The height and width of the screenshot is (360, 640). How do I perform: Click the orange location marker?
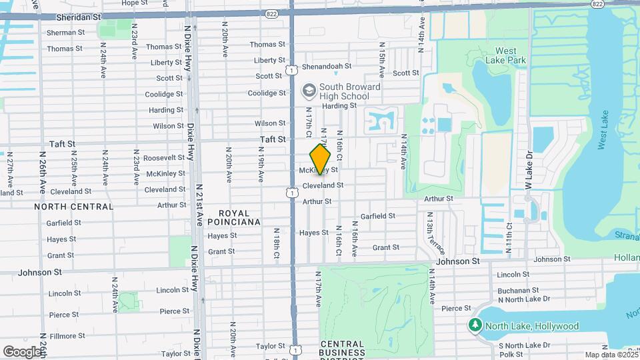tap(321, 160)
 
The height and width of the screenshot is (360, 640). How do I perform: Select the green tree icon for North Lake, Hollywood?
tap(475, 325)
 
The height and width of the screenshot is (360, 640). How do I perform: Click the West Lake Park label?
tap(511, 55)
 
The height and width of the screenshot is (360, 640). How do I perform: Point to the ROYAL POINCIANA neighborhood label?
tap(233, 216)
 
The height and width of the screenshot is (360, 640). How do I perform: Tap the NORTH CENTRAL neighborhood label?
tap(74, 207)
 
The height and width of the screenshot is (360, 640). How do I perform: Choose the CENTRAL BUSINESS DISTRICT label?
tap(342, 349)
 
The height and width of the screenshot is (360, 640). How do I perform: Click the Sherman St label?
tap(66, 32)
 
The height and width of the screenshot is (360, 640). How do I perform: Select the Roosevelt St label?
tap(163, 157)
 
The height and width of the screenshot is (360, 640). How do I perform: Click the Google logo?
tap(23, 351)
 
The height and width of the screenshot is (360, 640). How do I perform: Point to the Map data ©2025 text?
tap(611, 355)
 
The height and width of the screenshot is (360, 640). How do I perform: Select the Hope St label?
tap(134, 3)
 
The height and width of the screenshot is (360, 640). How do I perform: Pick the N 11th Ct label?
tap(509, 233)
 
